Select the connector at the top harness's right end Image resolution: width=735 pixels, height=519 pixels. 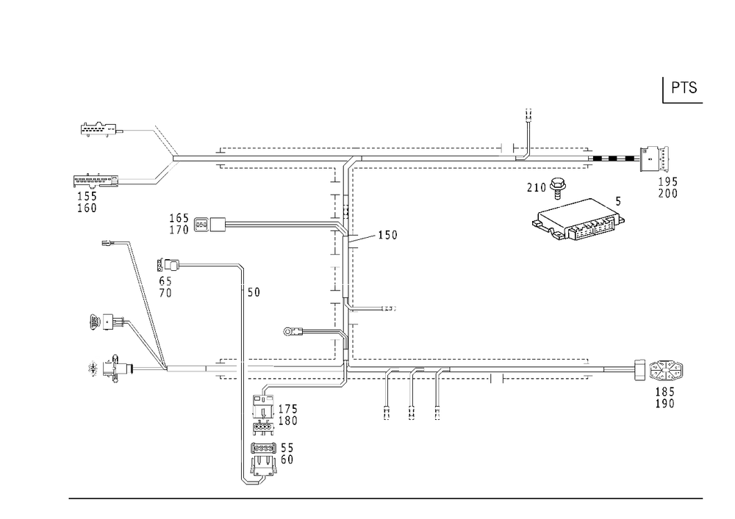click(659, 159)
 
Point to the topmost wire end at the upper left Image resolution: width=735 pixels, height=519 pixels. click(96, 131)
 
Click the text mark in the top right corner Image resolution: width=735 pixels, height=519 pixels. click(686, 88)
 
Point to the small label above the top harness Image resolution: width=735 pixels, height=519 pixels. click(528, 115)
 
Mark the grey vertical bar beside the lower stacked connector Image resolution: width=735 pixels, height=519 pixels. click(240, 451)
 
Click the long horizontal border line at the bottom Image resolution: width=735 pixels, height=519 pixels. click(386, 498)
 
